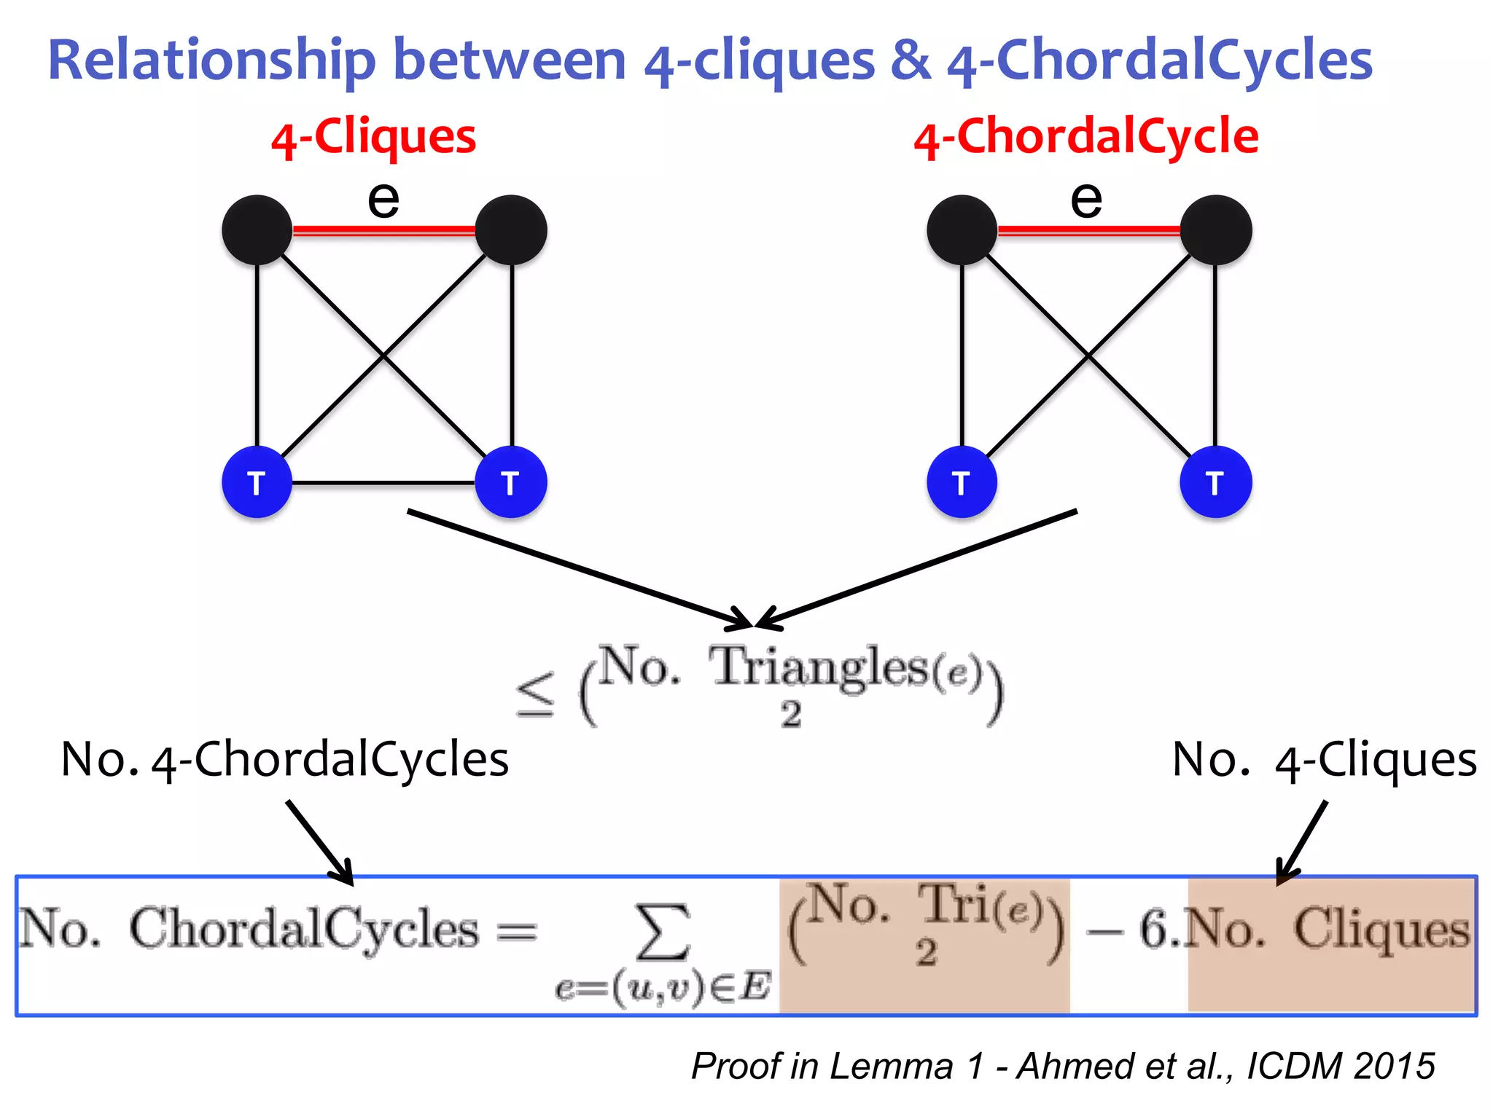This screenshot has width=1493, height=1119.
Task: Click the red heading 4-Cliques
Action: click(373, 137)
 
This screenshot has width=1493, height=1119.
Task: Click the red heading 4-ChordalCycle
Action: click(1085, 137)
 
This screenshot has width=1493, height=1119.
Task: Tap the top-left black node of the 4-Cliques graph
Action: click(257, 230)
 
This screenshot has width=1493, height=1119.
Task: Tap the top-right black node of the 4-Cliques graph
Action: click(511, 230)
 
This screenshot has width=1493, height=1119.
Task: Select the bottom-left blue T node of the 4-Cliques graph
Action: click(257, 482)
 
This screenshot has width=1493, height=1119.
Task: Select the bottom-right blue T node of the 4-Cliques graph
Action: click(511, 482)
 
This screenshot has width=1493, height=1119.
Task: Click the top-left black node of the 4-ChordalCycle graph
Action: click(962, 230)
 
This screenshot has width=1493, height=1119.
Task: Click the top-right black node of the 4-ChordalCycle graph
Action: click(1215, 230)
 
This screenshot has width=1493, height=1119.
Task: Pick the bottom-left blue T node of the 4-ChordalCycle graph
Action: click(962, 482)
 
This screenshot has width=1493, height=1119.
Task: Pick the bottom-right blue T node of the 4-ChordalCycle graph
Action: click(1215, 482)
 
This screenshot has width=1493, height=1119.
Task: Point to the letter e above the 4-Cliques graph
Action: click(383, 200)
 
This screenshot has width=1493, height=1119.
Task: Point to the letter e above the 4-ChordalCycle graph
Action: click(1086, 200)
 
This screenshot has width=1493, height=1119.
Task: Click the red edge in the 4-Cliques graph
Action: click(383, 230)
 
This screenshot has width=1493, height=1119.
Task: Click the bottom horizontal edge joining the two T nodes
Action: click(383, 482)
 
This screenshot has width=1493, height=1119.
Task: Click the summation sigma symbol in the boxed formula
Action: click(663, 932)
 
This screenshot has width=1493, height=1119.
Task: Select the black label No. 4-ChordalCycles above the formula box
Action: click(284, 760)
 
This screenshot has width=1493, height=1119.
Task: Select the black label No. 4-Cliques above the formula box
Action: click(1324, 760)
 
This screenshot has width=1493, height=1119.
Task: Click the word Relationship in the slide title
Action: click(211, 60)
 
